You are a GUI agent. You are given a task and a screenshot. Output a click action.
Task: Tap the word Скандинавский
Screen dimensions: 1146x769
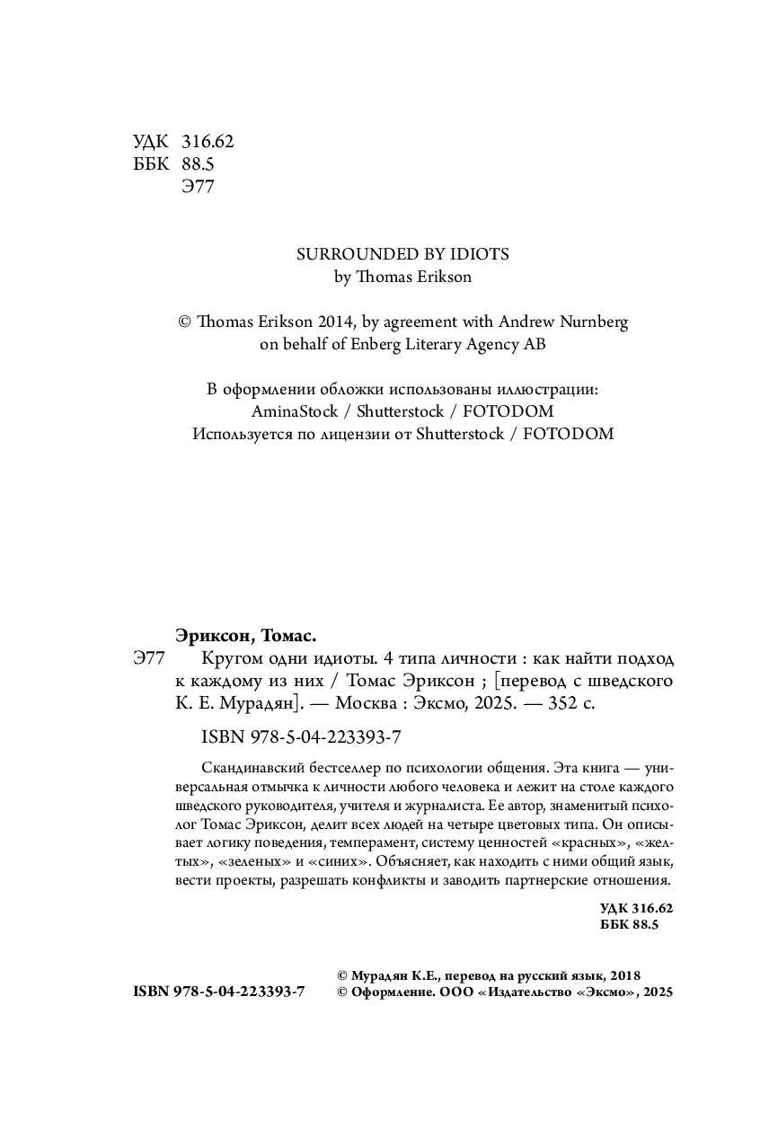(254, 769)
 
